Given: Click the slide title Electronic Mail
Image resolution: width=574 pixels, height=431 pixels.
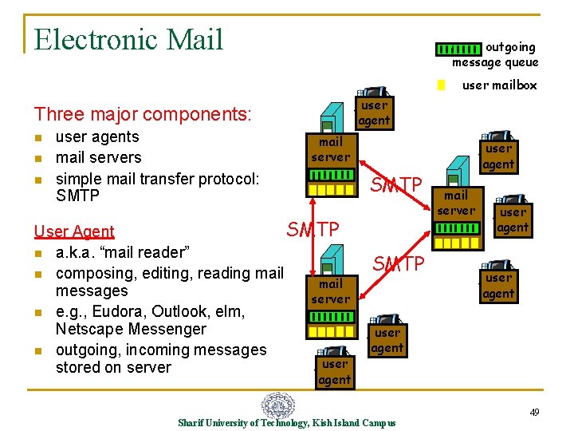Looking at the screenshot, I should point(129,39).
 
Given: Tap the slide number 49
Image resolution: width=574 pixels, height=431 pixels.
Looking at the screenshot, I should point(535,412).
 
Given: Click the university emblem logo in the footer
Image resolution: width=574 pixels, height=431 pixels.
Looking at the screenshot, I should point(278,406).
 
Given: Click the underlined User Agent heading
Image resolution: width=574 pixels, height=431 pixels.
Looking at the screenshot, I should point(74,231).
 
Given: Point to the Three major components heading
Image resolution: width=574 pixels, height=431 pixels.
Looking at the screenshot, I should point(142,115).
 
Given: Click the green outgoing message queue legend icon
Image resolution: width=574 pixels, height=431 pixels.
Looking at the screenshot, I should point(460,48).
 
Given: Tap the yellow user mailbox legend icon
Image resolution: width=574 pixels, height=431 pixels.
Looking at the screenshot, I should point(441,85).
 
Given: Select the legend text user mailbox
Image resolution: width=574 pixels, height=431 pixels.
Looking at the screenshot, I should point(500,85).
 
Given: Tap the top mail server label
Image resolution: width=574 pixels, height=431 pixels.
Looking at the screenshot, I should point(330,149).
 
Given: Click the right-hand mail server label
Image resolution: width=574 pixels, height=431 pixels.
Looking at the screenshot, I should point(456,203).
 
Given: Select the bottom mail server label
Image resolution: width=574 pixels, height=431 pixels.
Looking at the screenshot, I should point(330,291).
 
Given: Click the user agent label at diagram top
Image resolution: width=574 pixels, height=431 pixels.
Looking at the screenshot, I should point(373,113).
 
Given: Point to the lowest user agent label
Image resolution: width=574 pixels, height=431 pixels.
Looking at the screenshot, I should point(334,372).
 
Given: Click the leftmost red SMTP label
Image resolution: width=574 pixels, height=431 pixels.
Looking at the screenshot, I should point(313,230).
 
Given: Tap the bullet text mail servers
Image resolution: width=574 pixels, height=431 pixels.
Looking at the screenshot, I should point(98,157).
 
